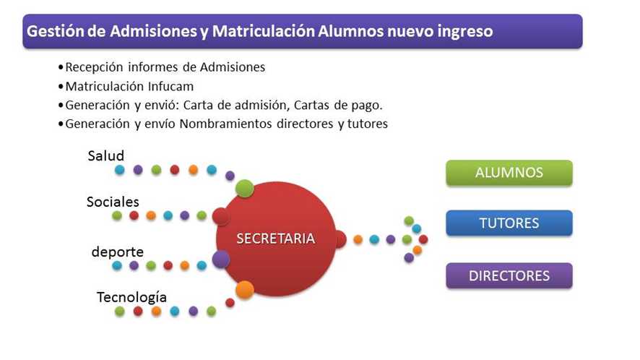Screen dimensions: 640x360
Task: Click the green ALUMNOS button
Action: coord(509,173)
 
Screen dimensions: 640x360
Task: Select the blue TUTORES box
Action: coord(509,223)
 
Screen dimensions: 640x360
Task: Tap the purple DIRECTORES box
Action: coord(509,276)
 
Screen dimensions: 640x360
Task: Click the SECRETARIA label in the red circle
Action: coord(275,239)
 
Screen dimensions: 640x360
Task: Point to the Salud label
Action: coord(105,155)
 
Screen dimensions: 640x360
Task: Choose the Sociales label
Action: coord(113,202)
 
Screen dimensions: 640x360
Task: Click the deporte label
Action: coord(118,252)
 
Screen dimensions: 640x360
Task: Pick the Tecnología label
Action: coord(131,298)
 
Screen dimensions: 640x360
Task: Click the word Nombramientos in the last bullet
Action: coord(226,124)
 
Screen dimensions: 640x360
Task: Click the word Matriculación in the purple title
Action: coord(263,31)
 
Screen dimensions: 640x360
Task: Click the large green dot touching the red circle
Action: coord(244,189)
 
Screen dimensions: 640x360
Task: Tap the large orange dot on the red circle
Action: coord(245,290)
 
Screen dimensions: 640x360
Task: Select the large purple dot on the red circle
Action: coord(221,260)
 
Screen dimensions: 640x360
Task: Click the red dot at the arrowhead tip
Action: coord(423,239)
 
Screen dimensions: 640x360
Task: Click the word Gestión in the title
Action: coord(54,31)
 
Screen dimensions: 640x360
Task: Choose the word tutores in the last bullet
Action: coord(368,124)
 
